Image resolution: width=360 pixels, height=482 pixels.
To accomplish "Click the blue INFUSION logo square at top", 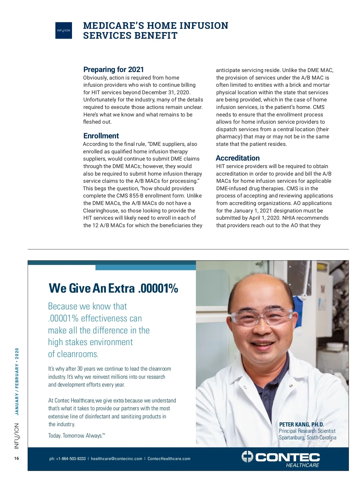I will point(64,30).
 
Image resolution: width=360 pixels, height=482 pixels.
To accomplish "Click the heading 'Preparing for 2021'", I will point(113,70).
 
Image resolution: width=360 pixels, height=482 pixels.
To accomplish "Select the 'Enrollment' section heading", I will point(101,136).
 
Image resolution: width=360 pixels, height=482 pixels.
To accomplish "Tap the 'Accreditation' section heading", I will point(238,158).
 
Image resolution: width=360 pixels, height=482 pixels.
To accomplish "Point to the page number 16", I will point(16,458).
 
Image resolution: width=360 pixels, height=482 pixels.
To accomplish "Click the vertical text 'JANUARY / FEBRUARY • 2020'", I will point(17,381).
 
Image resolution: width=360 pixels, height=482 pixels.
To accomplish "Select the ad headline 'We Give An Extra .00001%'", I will point(113,288).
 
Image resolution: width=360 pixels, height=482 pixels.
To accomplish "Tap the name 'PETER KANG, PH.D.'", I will point(301,424).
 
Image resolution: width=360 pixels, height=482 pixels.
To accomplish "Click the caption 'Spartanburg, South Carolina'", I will point(307,438).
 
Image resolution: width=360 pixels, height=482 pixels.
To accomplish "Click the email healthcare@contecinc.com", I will point(116,459).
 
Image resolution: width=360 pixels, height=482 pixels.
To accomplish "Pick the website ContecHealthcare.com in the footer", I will point(169,459).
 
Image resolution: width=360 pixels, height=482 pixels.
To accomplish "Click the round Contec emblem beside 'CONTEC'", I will point(247,456).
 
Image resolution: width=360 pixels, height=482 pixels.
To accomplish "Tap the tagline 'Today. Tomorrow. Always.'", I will point(76,435).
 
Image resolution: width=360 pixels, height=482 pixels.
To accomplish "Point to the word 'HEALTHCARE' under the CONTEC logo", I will point(302,465).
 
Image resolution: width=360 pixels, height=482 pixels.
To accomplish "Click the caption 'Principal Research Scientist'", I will point(307,431).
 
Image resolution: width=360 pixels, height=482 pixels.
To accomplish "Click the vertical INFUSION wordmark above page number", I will point(17,436).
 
